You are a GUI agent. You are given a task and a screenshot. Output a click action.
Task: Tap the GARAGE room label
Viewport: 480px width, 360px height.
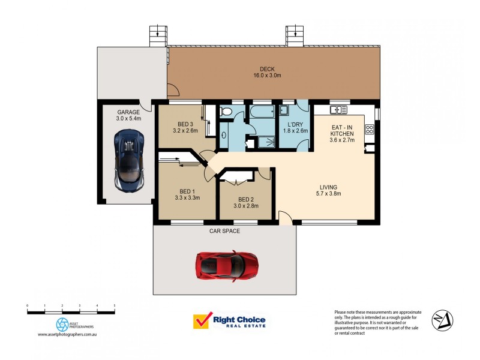[128, 112]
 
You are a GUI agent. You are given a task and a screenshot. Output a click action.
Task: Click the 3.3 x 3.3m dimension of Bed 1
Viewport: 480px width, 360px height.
[187, 197]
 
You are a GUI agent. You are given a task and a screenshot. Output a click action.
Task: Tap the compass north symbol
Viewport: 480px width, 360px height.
[443, 319]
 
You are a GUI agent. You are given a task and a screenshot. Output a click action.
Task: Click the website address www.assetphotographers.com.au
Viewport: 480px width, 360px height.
[67, 334]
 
